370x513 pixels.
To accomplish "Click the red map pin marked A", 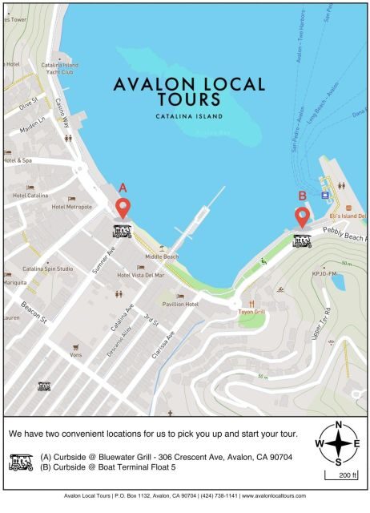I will pyautogui.click(x=123, y=208).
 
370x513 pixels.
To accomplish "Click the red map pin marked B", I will pyautogui.click(x=302, y=216).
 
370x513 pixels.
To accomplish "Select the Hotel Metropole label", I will pyautogui.click(x=71, y=207).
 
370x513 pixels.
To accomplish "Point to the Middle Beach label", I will pyautogui.click(x=160, y=256).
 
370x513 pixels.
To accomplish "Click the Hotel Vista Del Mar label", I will pyautogui.click(x=141, y=275).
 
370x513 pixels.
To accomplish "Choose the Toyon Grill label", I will pyautogui.click(x=251, y=313).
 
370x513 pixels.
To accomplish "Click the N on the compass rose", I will pyautogui.click(x=339, y=425).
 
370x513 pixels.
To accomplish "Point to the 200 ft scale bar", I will pyautogui.click(x=341, y=475).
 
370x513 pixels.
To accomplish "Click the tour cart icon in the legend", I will pyautogui.click(x=21, y=463).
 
